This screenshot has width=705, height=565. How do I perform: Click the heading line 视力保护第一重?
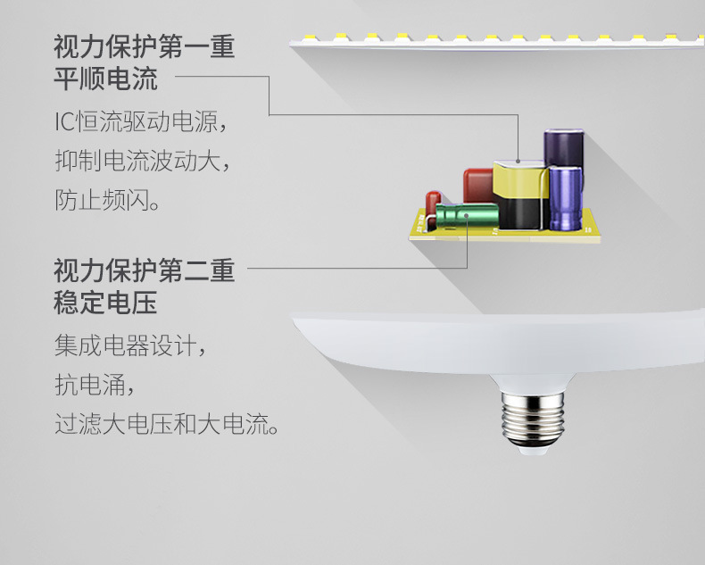coord(144,47)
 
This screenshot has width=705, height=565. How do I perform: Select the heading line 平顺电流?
coord(105,79)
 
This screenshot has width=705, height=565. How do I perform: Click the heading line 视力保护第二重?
coord(144,270)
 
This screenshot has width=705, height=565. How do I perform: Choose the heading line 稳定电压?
coord(105,302)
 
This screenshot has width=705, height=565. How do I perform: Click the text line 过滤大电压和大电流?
coord(166,424)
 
